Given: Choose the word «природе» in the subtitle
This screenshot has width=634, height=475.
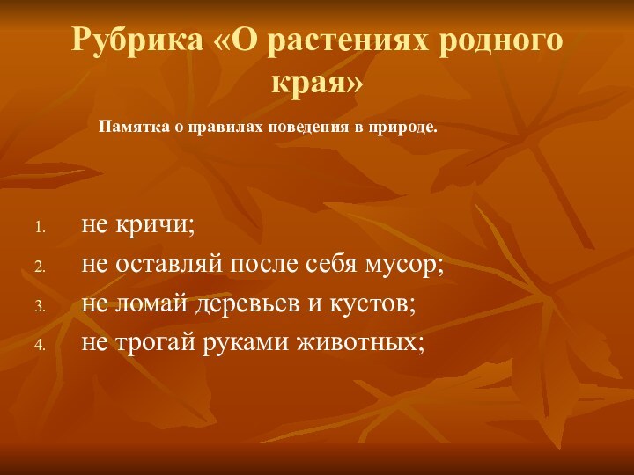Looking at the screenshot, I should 401,128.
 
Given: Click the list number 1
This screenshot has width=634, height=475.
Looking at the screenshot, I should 40,228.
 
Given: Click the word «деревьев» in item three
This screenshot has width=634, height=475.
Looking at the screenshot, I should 235,303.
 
